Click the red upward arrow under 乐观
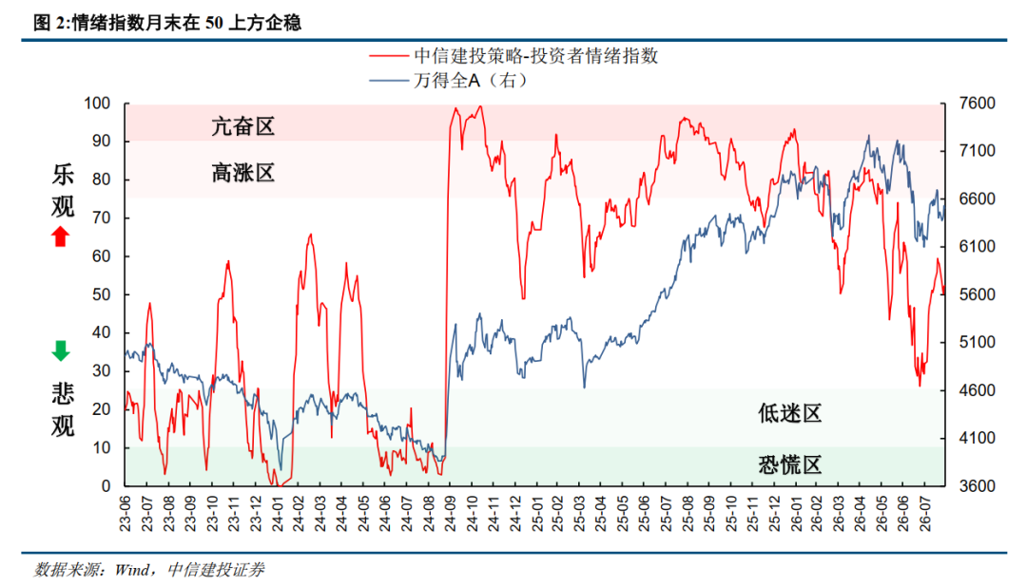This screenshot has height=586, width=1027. point(60,236)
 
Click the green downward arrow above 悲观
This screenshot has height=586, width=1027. point(60,350)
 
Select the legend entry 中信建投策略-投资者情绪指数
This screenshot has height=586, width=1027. point(513,56)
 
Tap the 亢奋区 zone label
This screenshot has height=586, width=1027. point(242,126)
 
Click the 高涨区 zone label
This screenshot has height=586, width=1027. point(242,173)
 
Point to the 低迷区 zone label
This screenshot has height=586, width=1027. point(789,413)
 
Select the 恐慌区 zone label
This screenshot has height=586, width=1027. point(789,465)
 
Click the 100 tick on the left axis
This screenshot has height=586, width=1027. point(97,104)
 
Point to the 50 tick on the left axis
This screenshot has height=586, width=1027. point(102,294)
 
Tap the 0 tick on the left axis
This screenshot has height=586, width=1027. point(107,486)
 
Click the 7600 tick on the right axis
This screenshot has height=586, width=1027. point(977,104)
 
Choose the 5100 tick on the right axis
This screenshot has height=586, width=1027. point(977,342)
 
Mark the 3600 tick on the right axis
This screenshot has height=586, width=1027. point(977,486)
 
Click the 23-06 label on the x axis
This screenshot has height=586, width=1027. point(126,514)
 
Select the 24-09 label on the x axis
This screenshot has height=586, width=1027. point(449,514)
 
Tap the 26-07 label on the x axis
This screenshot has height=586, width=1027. point(924,514)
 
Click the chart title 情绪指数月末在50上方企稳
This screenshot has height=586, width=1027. point(186,23)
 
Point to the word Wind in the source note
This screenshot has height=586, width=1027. point(131,570)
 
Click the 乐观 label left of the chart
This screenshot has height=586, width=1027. point(63,191)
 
